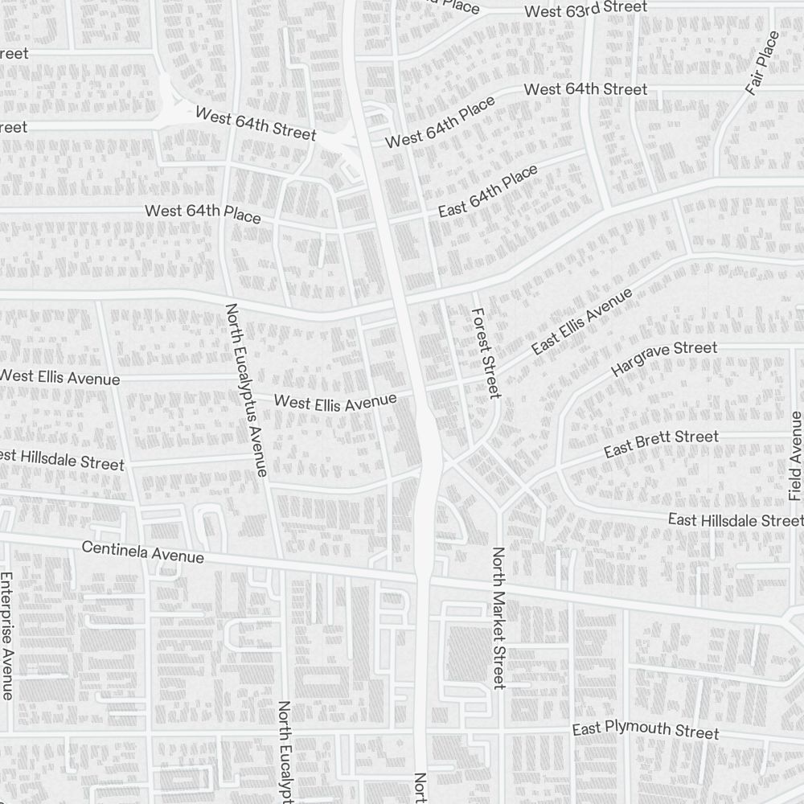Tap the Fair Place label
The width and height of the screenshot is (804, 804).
tap(762, 63)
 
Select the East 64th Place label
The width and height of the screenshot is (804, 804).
tap(488, 191)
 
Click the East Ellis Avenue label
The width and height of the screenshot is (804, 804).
tap(581, 320)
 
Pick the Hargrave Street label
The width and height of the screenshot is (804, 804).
tap(663, 359)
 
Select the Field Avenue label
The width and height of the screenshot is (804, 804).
tap(796, 456)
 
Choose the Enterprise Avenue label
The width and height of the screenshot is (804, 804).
tap(7, 635)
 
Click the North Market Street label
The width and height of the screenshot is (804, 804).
tap(498, 618)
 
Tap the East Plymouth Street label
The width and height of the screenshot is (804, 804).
tap(646, 731)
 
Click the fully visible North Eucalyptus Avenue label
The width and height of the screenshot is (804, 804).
tap(246, 389)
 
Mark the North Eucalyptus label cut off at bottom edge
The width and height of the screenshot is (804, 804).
tap(284, 751)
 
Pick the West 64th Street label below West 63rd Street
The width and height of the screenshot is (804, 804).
tap(585, 89)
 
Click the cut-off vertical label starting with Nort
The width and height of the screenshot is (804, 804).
tap(419, 788)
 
